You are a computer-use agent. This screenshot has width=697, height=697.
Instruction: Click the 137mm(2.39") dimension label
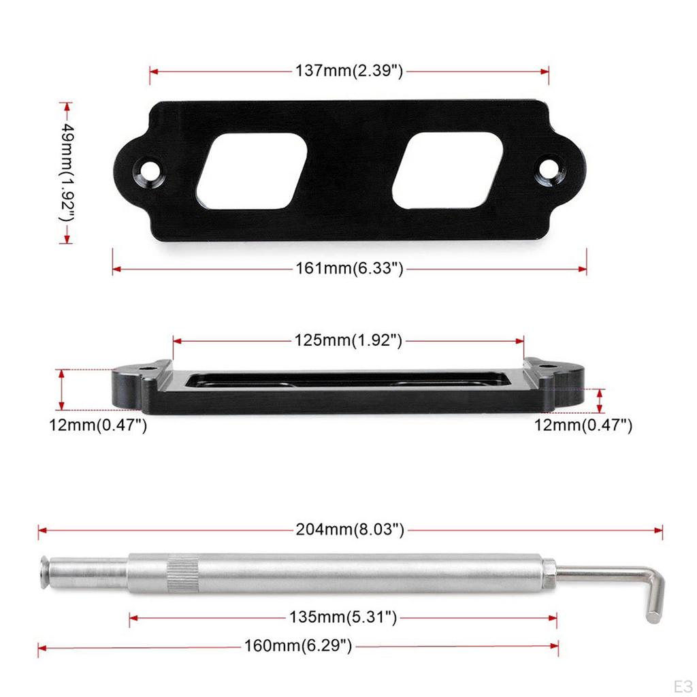pos(349,71)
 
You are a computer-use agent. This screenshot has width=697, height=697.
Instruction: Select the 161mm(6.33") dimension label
pos(349,269)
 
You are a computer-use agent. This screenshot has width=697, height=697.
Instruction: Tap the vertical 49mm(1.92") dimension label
pos(66,172)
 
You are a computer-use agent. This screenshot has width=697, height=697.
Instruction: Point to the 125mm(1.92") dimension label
pos(348,340)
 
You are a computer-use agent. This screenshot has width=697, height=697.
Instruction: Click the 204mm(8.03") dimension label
pos(350,529)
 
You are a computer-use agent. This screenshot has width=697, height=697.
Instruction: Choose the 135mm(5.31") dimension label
pos(342,617)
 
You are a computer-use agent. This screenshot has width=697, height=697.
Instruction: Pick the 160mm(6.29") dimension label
pos(298,646)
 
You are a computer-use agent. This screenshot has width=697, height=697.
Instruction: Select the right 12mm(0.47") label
pos(583,426)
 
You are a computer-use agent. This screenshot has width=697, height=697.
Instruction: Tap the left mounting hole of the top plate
pos(148,167)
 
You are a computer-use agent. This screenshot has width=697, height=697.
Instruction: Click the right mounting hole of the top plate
pos(548,167)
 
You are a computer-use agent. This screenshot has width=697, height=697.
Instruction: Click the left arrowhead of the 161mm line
pos(116,270)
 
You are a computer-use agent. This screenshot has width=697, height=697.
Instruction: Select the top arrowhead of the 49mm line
pos(66,106)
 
